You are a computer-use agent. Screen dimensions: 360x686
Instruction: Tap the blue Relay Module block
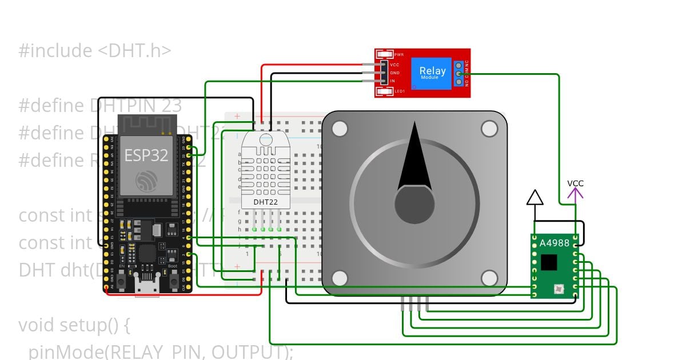pyautogui.click(x=432, y=73)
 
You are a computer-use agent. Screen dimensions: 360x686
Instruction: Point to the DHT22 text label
pyautogui.click(x=265, y=202)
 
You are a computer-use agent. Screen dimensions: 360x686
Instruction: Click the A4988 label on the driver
pyautogui.click(x=554, y=243)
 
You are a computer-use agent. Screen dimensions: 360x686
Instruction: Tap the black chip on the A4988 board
pyautogui.click(x=549, y=262)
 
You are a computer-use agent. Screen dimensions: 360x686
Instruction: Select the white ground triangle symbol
pyautogui.click(x=535, y=198)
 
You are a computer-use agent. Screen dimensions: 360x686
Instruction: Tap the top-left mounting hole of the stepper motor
pyautogui.click(x=340, y=129)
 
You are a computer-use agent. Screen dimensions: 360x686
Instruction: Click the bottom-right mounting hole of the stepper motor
pyautogui.click(x=489, y=278)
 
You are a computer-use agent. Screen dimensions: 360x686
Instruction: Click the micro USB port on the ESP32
pyautogui.click(x=147, y=288)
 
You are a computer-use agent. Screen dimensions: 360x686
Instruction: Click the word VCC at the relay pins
pyautogui.click(x=394, y=65)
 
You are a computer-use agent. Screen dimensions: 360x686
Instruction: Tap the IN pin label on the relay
pyautogui.click(x=393, y=81)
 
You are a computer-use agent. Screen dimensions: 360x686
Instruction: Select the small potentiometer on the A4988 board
pyautogui.click(x=557, y=291)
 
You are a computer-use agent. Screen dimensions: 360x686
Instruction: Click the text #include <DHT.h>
pyautogui.click(x=95, y=51)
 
